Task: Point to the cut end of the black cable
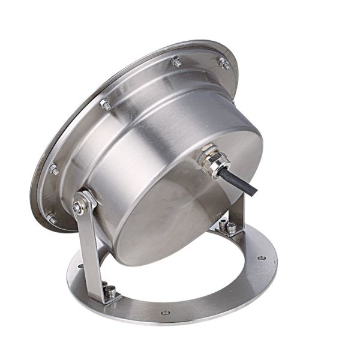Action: pos(255,191)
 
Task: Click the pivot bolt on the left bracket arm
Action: pos(79,207)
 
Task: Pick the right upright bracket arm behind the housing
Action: pos(238,210)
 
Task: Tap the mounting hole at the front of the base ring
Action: pos(166,312)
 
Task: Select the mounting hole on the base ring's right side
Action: pos(262,258)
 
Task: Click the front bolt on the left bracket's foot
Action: pos(111,292)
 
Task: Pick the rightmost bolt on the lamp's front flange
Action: pos(224,63)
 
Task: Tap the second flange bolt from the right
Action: pos(176,61)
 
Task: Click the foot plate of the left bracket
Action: pos(108,294)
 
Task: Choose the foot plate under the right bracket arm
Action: pos(227,230)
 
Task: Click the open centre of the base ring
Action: pos(180,276)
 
